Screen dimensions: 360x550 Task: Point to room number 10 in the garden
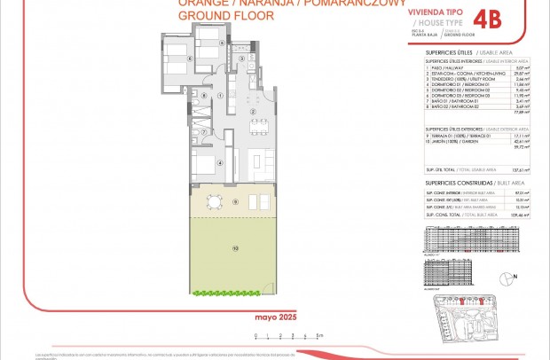pyautogui.click(x=235, y=249)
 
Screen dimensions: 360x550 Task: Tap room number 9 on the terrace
pyautogui.click(x=235, y=201)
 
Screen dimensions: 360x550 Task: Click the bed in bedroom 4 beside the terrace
pyautogui.click(x=206, y=167)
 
